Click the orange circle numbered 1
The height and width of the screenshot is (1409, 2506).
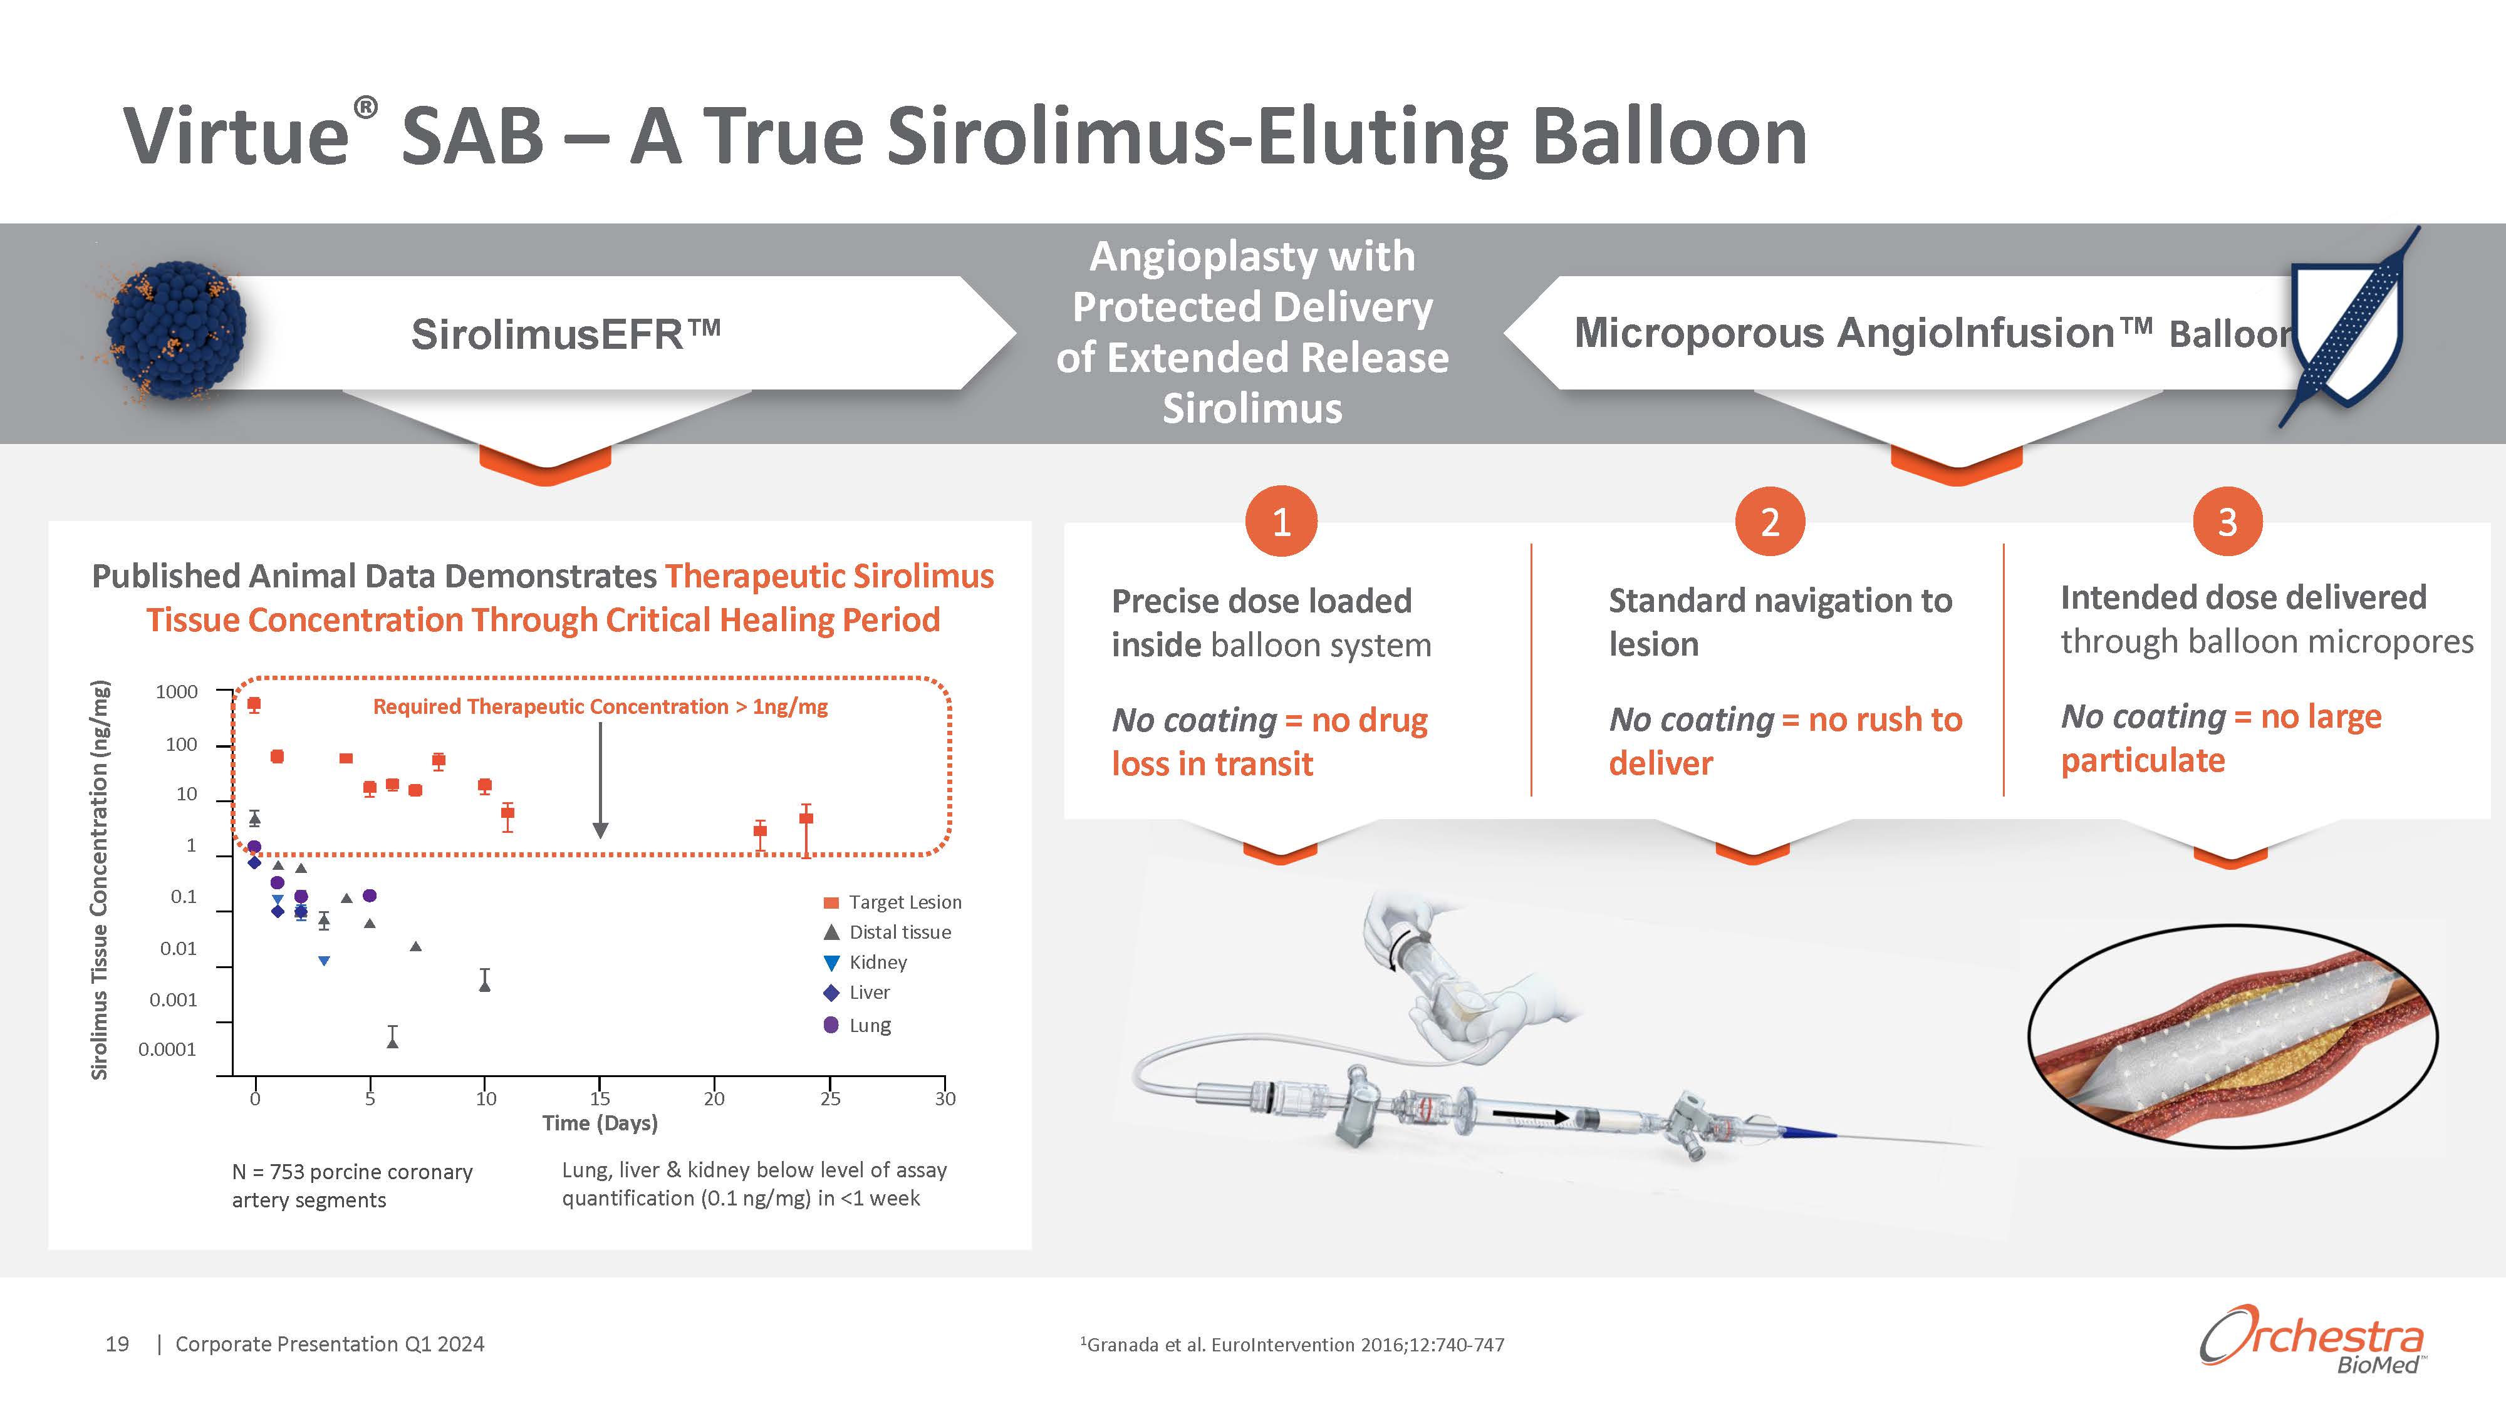[1281, 522]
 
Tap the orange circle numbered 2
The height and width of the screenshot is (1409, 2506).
[1770, 522]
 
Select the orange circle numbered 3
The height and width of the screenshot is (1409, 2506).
[2227, 522]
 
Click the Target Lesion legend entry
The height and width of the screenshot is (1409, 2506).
[892, 902]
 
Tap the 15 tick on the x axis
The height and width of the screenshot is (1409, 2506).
[600, 1098]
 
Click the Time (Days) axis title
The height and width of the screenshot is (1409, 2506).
[600, 1123]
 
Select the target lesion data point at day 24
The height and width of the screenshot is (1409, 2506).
[806, 818]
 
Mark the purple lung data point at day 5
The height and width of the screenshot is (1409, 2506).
[370, 895]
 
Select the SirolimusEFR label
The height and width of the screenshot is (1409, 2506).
[565, 334]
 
